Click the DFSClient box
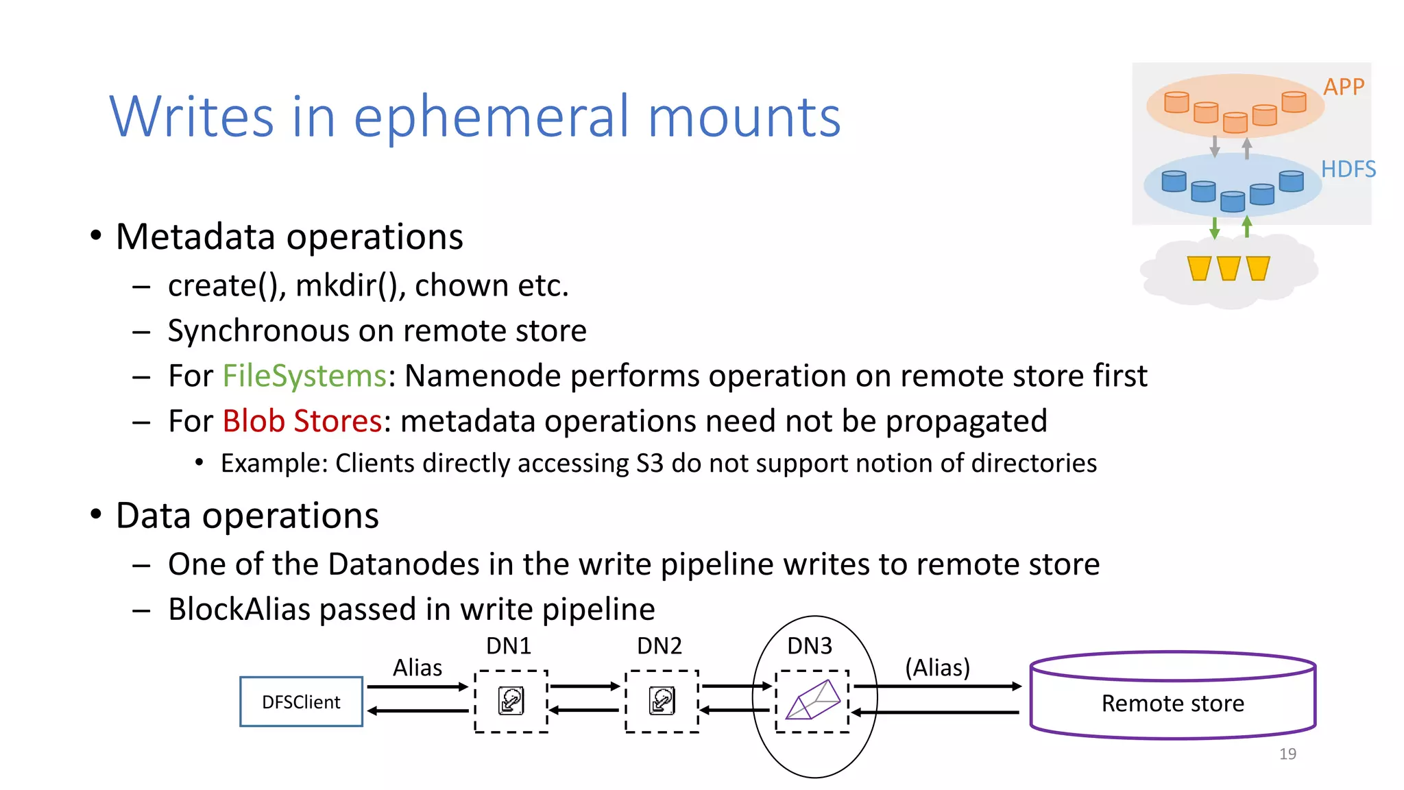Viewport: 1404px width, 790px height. (x=301, y=702)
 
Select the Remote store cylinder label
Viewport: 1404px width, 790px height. (x=1172, y=704)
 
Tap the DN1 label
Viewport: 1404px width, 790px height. (x=509, y=646)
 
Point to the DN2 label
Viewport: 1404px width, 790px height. (x=659, y=646)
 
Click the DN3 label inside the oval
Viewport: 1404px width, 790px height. (x=810, y=646)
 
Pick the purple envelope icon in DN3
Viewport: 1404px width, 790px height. (x=813, y=700)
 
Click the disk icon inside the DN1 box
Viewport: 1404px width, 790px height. (x=511, y=701)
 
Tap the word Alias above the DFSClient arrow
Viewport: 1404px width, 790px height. (x=417, y=667)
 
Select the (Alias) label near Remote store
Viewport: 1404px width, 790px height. (x=937, y=667)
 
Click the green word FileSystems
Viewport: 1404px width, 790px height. (x=304, y=376)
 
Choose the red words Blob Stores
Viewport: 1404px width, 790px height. (x=302, y=421)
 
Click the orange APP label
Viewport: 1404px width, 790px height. (x=1344, y=87)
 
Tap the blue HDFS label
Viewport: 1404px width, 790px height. (x=1348, y=169)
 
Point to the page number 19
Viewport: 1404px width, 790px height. (x=1287, y=754)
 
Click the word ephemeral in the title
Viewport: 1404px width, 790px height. (x=491, y=117)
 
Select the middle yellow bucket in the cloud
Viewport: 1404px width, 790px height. (x=1228, y=268)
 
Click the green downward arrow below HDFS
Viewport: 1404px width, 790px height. (x=1215, y=228)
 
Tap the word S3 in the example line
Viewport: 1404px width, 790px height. (x=649, y=464)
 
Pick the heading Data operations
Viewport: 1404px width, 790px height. (x=247, y=516)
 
